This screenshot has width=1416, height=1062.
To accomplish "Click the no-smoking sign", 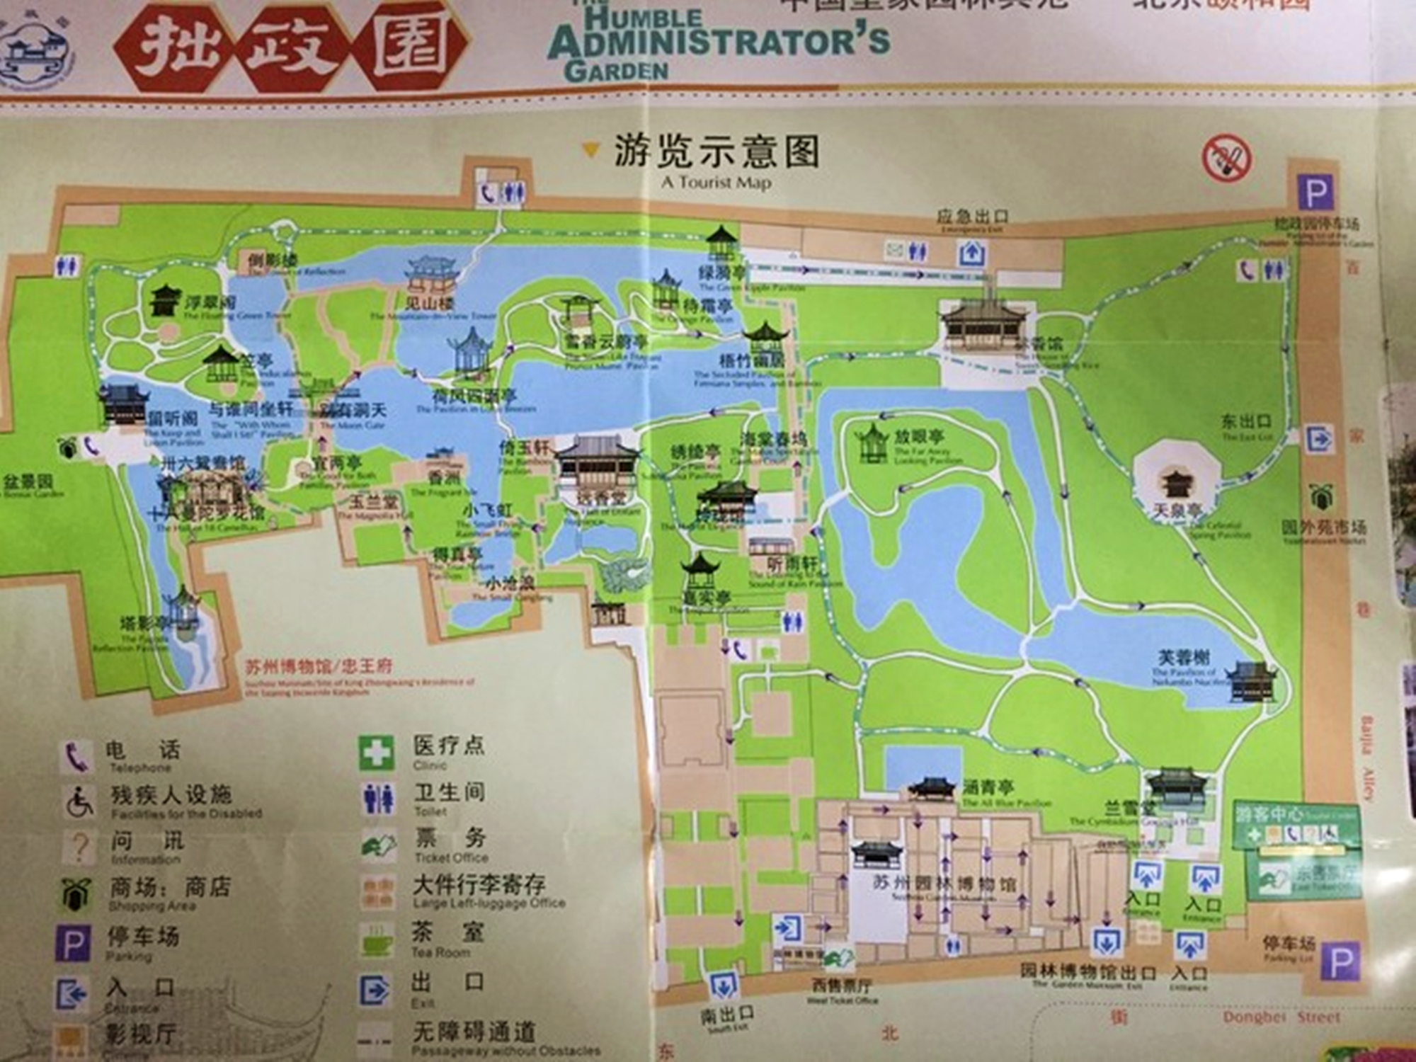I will click(x=1226, y=159).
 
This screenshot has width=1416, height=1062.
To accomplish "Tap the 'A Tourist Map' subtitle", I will click(x=716, y=183).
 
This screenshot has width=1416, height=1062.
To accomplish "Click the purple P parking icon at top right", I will click(x=1316, y=191).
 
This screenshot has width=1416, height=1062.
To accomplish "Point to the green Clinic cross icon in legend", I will click(x=376, y=752).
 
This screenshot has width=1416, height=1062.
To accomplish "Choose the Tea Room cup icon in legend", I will click(x=377, y=940).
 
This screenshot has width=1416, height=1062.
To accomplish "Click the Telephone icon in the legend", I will click(x=76, y=755).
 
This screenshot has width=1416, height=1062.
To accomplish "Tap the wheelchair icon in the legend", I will click(x=79, y=801).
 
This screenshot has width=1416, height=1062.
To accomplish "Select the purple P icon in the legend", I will click(x=73, y=944).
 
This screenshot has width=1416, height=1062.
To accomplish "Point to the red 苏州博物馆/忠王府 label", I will click(x=318, y=666).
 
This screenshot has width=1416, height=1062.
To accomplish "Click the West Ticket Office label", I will click(x=842, y=986).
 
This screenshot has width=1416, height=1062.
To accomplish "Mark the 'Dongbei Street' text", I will click(x=1281, y=1017).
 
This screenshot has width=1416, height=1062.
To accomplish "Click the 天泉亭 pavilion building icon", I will click(x=1177, y=484).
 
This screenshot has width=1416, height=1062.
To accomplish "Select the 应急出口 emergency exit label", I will click(x=972, y=216).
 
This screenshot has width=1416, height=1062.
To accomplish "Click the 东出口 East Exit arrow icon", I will click(x=1318, y=439).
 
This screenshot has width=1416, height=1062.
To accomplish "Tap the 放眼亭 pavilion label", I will click(x=918, y=436).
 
